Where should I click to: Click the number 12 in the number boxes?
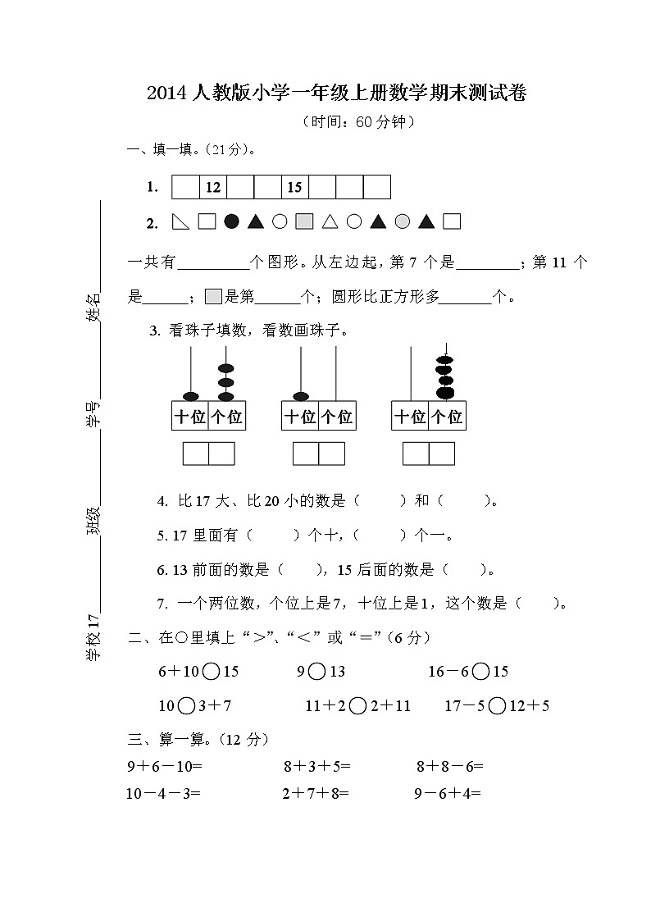coord(213,187)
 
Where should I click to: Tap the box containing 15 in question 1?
coord(295,187)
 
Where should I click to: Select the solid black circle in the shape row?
coord(231,221)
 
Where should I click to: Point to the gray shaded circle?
coord(403,221)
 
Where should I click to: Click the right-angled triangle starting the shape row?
coord(180,221)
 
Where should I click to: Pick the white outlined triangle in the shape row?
coord(330,221)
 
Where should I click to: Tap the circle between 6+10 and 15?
coord(211,672)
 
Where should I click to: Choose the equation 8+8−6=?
coord(449,768)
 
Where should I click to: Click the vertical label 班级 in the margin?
coord(95,522)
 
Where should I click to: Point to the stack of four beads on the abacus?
coord(444,377)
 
